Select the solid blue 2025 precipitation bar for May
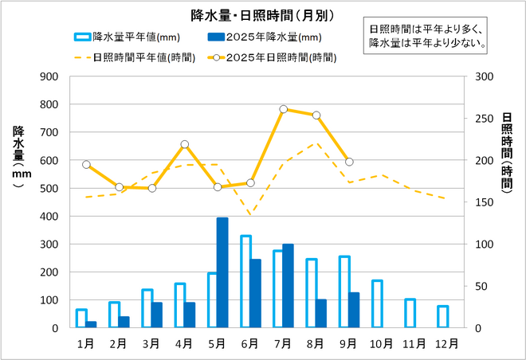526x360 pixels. [x=222, y=272]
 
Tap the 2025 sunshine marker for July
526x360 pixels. [x=284, y=109]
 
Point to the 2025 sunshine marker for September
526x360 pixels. [x=349, y=162]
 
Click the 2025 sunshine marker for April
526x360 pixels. [x=185, y=144]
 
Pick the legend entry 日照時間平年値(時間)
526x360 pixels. [x=131, y=57]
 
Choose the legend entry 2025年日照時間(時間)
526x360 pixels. [x=271, y=57]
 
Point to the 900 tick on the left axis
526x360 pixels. [x=50, y=76]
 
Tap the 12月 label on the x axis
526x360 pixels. [x=447, y=344]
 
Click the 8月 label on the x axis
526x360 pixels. [x=316, y=344]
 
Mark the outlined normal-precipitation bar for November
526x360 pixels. [x=410, y=313]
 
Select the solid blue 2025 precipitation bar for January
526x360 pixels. [x=91, y=324]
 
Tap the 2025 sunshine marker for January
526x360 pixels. [x=86, y=164]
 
